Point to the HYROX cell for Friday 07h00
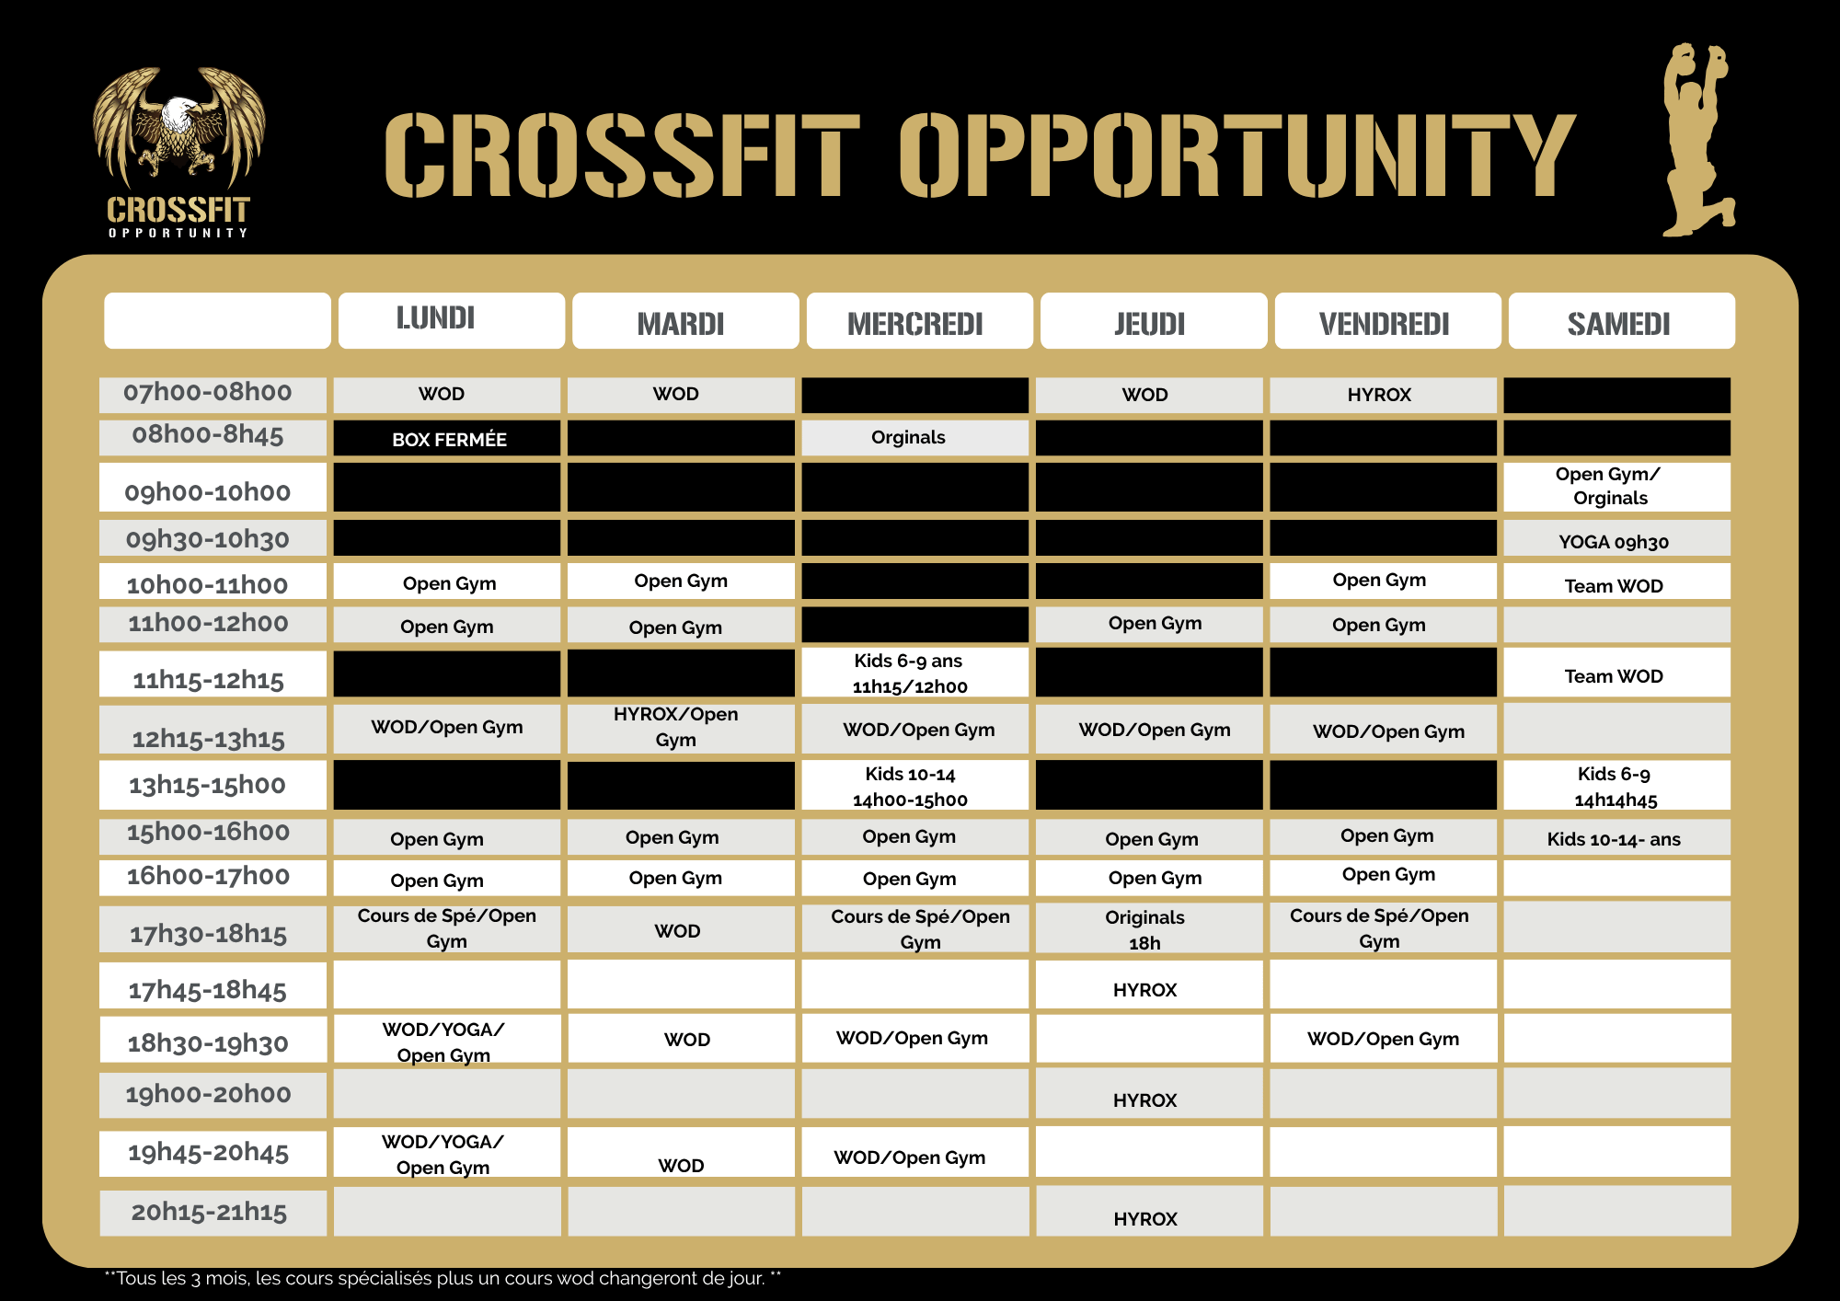tap(1381, 395)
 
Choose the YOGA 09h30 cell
tap(1616, 541)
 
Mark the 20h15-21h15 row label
tap(211, 1212)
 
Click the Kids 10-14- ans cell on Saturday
tap(1616, 839)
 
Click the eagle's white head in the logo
tap(180, 115)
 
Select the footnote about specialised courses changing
tap(443, 1278)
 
